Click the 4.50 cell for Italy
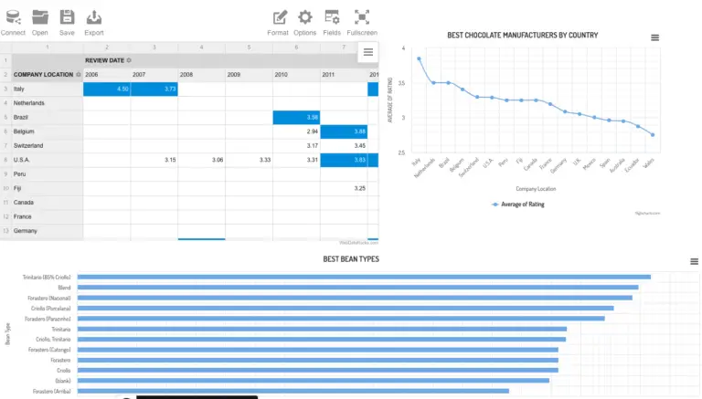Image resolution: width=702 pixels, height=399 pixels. tap(107, 89)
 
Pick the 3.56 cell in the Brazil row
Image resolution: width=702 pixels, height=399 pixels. tap(296, 117)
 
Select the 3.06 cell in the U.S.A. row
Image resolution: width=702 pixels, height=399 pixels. tap(201, 160)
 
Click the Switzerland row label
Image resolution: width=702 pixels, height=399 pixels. tap(30, 145)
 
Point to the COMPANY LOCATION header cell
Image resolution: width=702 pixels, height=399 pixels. tap(43, 74)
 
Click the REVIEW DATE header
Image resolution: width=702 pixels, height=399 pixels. tap(107, 60)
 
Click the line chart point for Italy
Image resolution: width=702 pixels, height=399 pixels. tap(419, 58)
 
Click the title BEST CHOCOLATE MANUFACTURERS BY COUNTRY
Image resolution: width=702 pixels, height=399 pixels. tap(522, 35)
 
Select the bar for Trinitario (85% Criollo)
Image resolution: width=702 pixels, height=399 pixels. tap(363, 277)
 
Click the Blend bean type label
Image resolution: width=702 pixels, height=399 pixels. tap(64, 287)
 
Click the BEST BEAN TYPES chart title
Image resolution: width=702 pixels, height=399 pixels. tap(351, 258)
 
